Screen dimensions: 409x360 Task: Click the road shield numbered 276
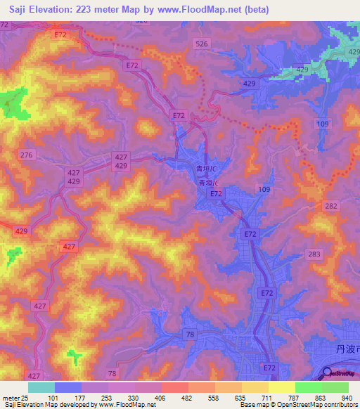click(x=27, y=155)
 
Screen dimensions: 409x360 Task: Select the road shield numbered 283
click(x=314, y=254)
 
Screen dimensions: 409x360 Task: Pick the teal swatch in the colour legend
click(x=41, y=388)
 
